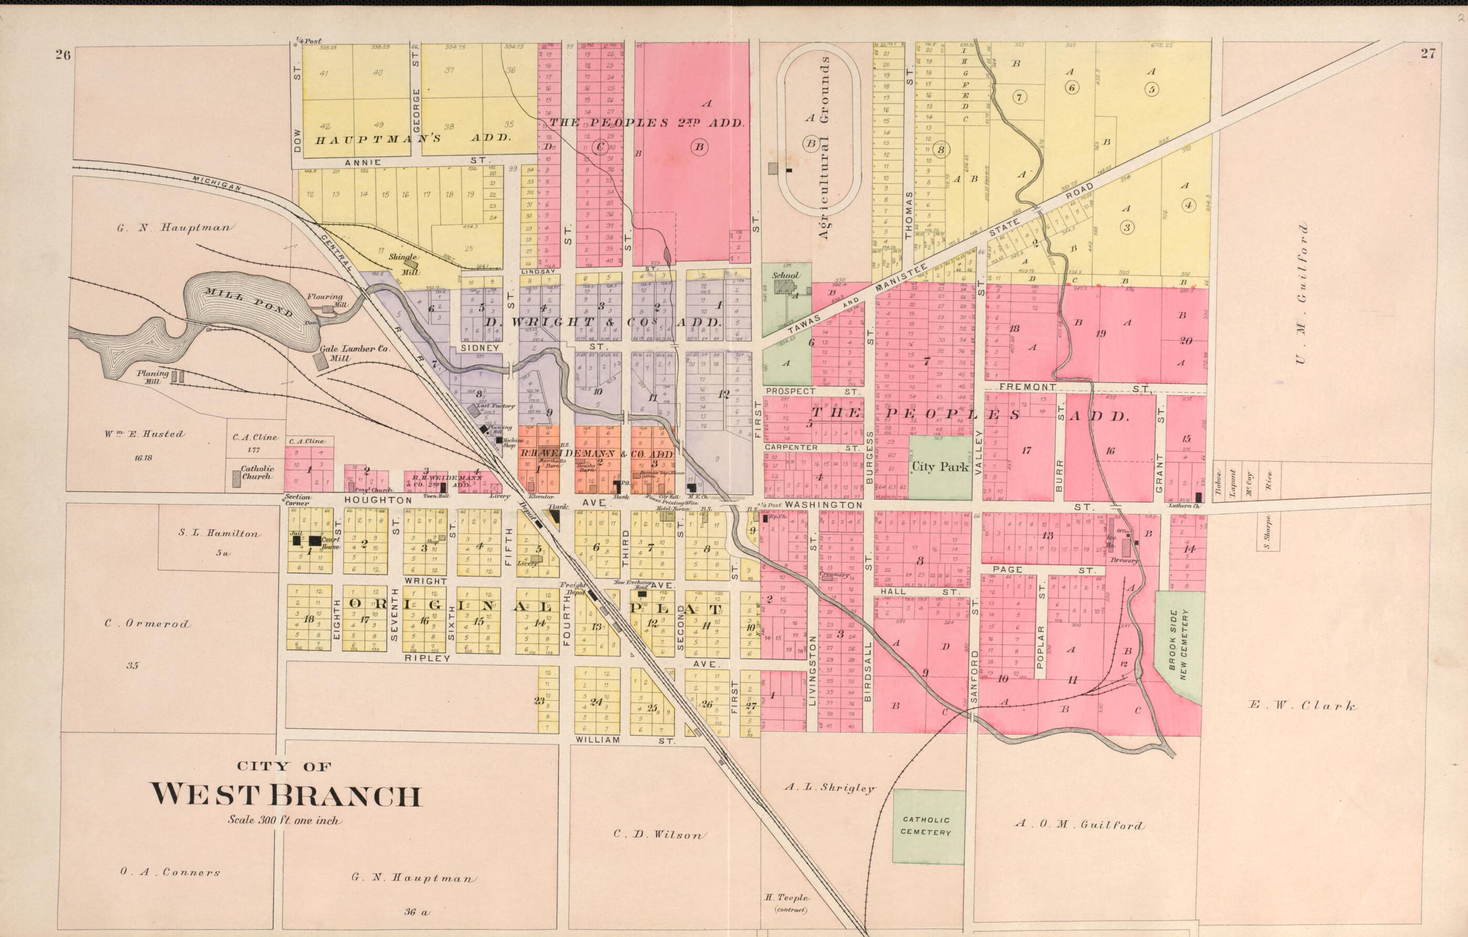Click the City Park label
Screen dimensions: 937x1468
(939, 467)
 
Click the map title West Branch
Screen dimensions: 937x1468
(286, 795)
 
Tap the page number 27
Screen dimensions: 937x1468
(1428, 53)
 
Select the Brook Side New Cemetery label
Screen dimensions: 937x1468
(1178, 647)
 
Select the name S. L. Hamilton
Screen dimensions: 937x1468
(218, 533)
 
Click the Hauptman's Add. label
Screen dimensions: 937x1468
(413, 139)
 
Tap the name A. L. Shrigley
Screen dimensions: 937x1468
(829, 788)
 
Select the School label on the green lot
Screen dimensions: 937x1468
(785, 275)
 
